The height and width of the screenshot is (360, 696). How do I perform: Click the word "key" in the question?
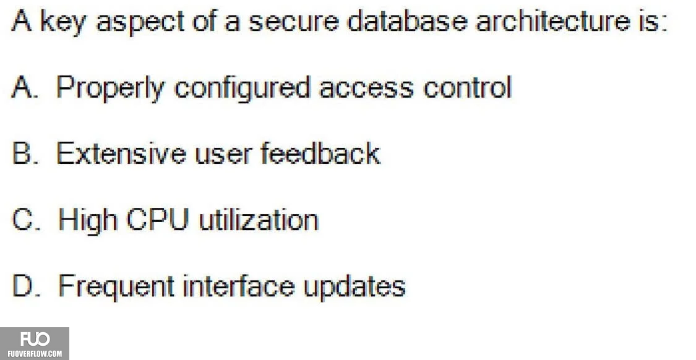coord(62,22)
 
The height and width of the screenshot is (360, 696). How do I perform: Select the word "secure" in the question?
coord(293,22)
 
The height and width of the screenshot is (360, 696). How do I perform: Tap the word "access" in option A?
coord(366,90)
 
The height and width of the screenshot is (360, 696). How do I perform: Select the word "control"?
coord(468,87)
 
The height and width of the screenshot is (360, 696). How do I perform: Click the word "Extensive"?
coord(122,153)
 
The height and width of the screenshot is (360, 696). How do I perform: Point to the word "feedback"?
coord(320,153)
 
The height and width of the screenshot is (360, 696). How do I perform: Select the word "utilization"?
coord(259,220)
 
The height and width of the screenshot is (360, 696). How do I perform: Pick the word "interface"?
coord(239,285)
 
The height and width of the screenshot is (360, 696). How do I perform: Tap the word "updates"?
coord(354,287)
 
